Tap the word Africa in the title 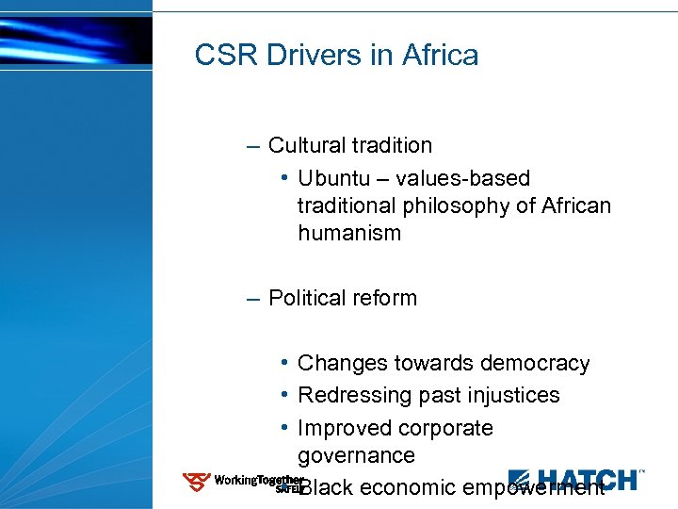point(440,56)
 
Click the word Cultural point(306,146)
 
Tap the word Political point(304,299)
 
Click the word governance point(356,456)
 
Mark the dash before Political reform point(250,299)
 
